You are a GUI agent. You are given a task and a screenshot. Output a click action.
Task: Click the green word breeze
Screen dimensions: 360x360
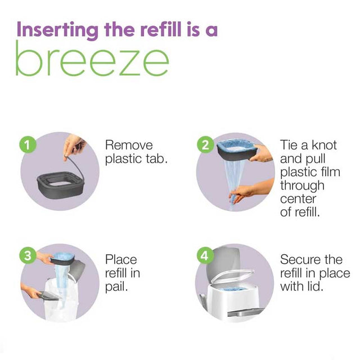click(92, 58)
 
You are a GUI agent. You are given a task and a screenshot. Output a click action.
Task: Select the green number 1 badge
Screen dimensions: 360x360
click(28, 145)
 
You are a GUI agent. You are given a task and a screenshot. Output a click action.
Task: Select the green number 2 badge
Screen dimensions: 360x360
click(205, 145)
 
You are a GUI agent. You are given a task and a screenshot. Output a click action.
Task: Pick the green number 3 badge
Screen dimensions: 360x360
click(28, 255)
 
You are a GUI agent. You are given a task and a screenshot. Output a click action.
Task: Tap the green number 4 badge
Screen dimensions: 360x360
click(205, 255)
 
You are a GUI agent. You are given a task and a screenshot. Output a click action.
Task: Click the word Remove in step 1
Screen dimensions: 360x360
click(129, 145)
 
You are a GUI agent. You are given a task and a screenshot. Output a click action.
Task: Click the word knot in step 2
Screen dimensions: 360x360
click(324, 145)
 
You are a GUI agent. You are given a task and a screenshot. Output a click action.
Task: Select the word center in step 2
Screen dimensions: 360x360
click(298, 199)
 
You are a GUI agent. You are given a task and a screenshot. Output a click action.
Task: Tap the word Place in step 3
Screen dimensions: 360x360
click(121, 260)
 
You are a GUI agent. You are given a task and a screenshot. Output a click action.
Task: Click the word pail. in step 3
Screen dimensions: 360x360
click(116, 287)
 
